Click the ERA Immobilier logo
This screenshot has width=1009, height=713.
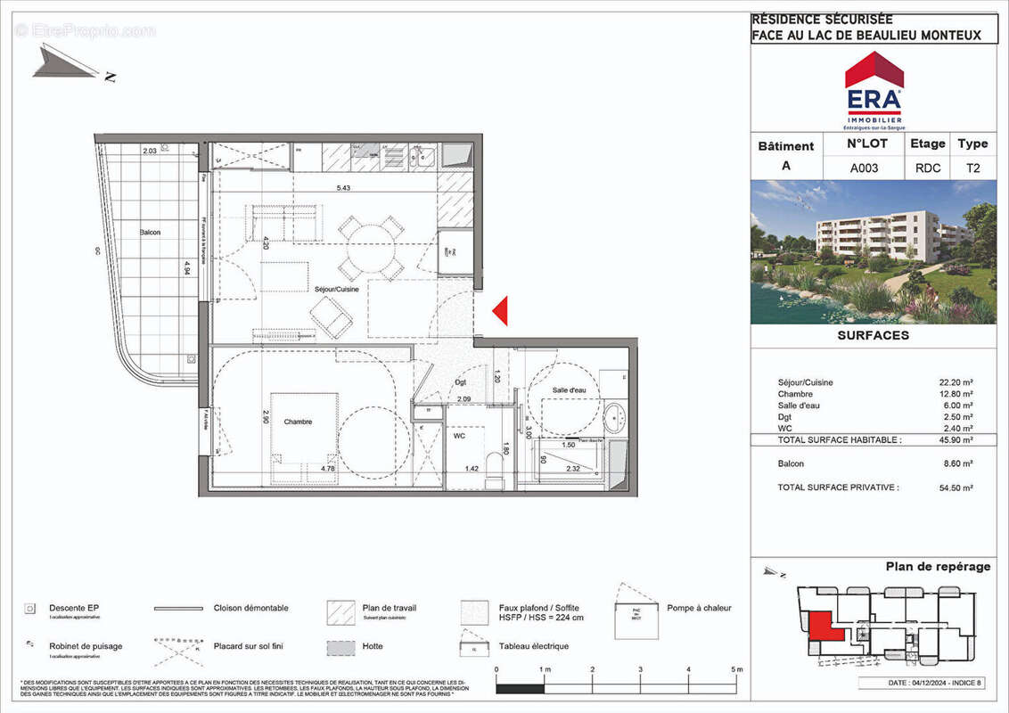874,89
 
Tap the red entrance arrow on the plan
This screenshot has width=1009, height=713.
501,310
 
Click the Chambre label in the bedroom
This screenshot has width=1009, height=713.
299,422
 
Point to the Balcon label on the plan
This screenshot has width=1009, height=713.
151,233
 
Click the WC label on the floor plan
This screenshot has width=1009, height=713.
459,437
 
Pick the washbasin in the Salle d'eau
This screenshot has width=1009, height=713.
614,417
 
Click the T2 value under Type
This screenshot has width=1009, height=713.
972,167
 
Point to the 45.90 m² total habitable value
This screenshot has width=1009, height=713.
955,440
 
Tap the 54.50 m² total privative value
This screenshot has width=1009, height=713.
955,488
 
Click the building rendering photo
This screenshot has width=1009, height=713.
874,251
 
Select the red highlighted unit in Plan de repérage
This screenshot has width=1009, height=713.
821,626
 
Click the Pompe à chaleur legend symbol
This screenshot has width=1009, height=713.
637,611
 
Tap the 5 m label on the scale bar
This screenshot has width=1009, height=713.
736,669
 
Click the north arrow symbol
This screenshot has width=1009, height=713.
71,64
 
